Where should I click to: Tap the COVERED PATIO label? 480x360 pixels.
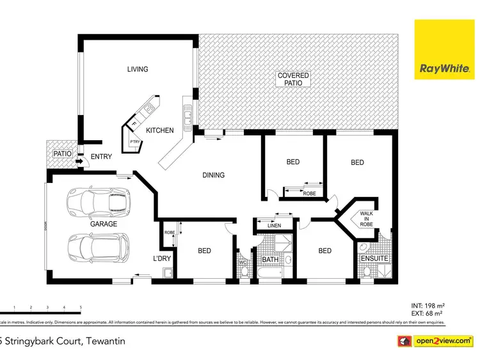pos(293,79)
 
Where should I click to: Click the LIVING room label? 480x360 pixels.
pos(137,69)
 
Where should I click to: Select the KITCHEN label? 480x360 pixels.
pos(159,130)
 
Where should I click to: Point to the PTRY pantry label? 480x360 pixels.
pos(135,143)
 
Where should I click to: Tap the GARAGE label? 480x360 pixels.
pos(103,224)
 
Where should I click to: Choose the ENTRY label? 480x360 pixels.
pos(101,157)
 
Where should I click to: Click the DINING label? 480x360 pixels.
pos(213,175)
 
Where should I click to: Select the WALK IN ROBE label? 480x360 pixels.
pos(366,219)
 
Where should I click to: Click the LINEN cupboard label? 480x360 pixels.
pos(274,226)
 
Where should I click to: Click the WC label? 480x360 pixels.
pos(243,262)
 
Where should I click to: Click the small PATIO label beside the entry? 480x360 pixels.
pos(61,154)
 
